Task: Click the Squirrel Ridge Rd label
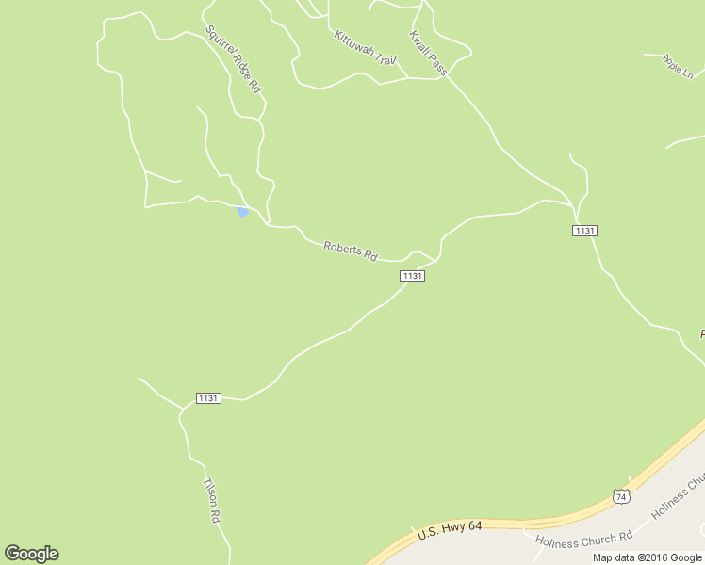pos(233,58)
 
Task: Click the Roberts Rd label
pos(350,251)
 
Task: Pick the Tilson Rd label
pos(212,501)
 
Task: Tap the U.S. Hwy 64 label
pos(450,531)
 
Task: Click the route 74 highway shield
pos(619,495)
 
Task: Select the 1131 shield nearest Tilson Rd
pos(208,398)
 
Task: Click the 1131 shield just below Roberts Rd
pos(412,276)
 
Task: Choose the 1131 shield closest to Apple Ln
pos(584,231)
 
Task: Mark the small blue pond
pos(242,212)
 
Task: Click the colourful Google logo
pos(31,554)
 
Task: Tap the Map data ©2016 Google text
pos(648,557)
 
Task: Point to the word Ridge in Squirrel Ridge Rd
pos(235,61)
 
